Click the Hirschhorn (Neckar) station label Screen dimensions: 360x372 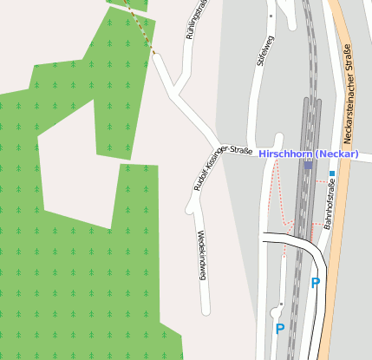pos(309,154)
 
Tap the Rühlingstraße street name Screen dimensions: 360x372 pos(196,21)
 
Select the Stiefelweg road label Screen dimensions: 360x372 pos(266,51)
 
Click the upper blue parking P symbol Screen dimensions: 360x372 pos(316,283)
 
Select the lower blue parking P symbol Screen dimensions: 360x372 pos(280,329)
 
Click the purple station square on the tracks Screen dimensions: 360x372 pos(308,164)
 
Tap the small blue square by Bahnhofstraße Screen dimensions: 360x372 pos(331,173)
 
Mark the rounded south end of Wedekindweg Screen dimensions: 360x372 pos(206,311)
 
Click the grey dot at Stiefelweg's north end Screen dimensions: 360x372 pos(271,16)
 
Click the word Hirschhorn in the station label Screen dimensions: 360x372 pos(285,154)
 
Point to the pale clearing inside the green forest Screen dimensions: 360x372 pos(74,165)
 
